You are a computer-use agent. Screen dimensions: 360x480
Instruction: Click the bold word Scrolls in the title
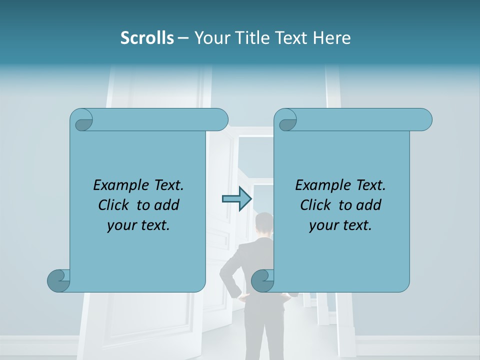point(147,38)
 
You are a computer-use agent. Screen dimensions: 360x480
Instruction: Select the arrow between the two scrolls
point(236,199)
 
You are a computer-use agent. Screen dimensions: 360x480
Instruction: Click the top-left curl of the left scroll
point(82,120)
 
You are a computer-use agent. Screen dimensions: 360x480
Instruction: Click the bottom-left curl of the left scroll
point(58,280)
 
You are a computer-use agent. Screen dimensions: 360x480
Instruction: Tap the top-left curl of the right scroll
point(286,120)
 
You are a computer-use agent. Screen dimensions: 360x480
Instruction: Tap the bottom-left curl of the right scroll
point(262,280)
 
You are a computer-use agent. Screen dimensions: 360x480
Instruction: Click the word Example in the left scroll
point(118,185)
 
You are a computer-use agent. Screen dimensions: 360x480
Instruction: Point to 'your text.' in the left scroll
point(138,225)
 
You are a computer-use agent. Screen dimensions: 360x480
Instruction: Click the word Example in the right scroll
point(320,185)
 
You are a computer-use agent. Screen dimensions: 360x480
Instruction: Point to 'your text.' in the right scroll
point(340,225)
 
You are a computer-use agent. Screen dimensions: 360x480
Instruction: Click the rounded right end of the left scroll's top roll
point(220,120)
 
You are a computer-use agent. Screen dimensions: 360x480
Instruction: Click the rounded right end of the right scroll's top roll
point(424,120)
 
